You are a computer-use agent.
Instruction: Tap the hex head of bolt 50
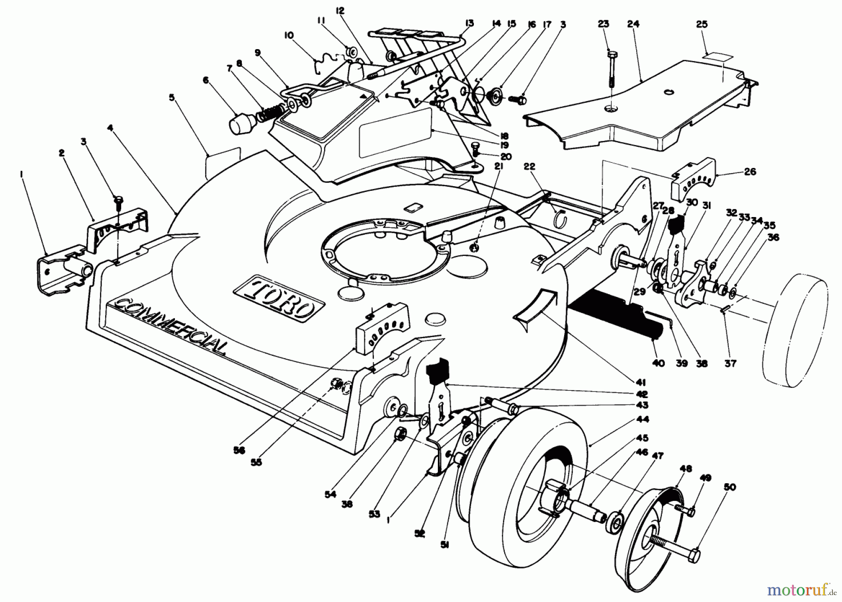694,556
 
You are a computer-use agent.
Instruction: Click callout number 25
702,24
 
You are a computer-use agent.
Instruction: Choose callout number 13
469,22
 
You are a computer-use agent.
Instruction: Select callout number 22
529,167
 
